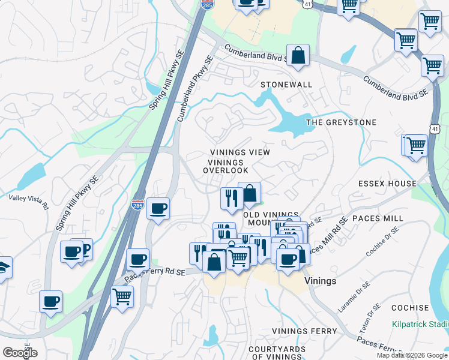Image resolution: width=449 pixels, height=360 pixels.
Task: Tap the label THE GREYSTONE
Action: pyautogui.click(x=341, y=122)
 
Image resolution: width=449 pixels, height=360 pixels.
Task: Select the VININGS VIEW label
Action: pyautogui.click(x=240, y=152)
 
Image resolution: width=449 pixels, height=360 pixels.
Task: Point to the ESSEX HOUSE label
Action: pyautogui.click(x=387, y=184)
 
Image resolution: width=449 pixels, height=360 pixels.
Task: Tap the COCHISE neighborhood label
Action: pyautogui.click(x=409, y=308)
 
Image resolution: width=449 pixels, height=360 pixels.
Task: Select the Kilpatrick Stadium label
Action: pyautogui.click(x=420, y=325)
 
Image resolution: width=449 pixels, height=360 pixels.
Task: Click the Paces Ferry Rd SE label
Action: pyautogui.click(x=155, y=275)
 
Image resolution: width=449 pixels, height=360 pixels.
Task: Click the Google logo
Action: pyautogui.click(x=20, y=353)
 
